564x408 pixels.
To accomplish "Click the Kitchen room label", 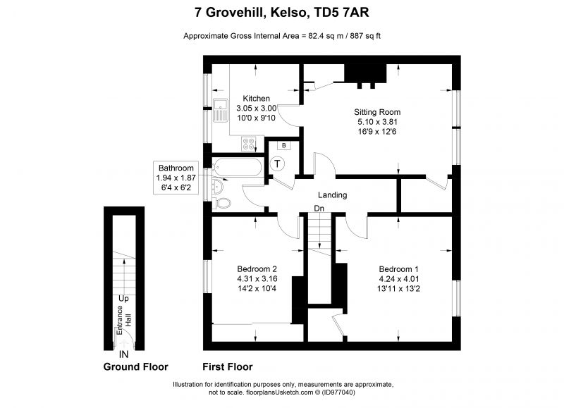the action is (x=256, y=99).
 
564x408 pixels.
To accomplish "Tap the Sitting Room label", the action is (x=377, y=112).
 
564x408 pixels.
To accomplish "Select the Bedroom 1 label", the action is (x=398, y=269).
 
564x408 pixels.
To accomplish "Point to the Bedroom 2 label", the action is (x=257, y=269).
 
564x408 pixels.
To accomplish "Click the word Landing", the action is (x=332, y=195).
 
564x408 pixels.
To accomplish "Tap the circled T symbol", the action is (x=277, y=164).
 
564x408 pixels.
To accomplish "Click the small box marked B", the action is (x=284, y=146).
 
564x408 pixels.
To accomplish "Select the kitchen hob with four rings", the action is (x=248, y=144).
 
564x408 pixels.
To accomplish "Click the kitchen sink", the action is (x=220, y=110).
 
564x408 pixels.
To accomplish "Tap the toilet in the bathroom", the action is (x=221, y=203).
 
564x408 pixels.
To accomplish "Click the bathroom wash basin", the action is (x=218, y=186).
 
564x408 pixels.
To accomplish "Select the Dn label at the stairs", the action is (x=319, y=209).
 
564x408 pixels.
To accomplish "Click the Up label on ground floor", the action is (x=123, y=299).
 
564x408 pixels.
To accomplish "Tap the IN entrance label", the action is (x=123, y=354).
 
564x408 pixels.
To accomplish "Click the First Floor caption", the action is (x=227, y=367).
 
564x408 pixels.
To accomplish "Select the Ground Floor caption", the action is (x=135, y=367).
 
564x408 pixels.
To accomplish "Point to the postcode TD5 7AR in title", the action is (x=342, y=13).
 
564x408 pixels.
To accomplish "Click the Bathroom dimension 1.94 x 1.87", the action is (x=176, y=178).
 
